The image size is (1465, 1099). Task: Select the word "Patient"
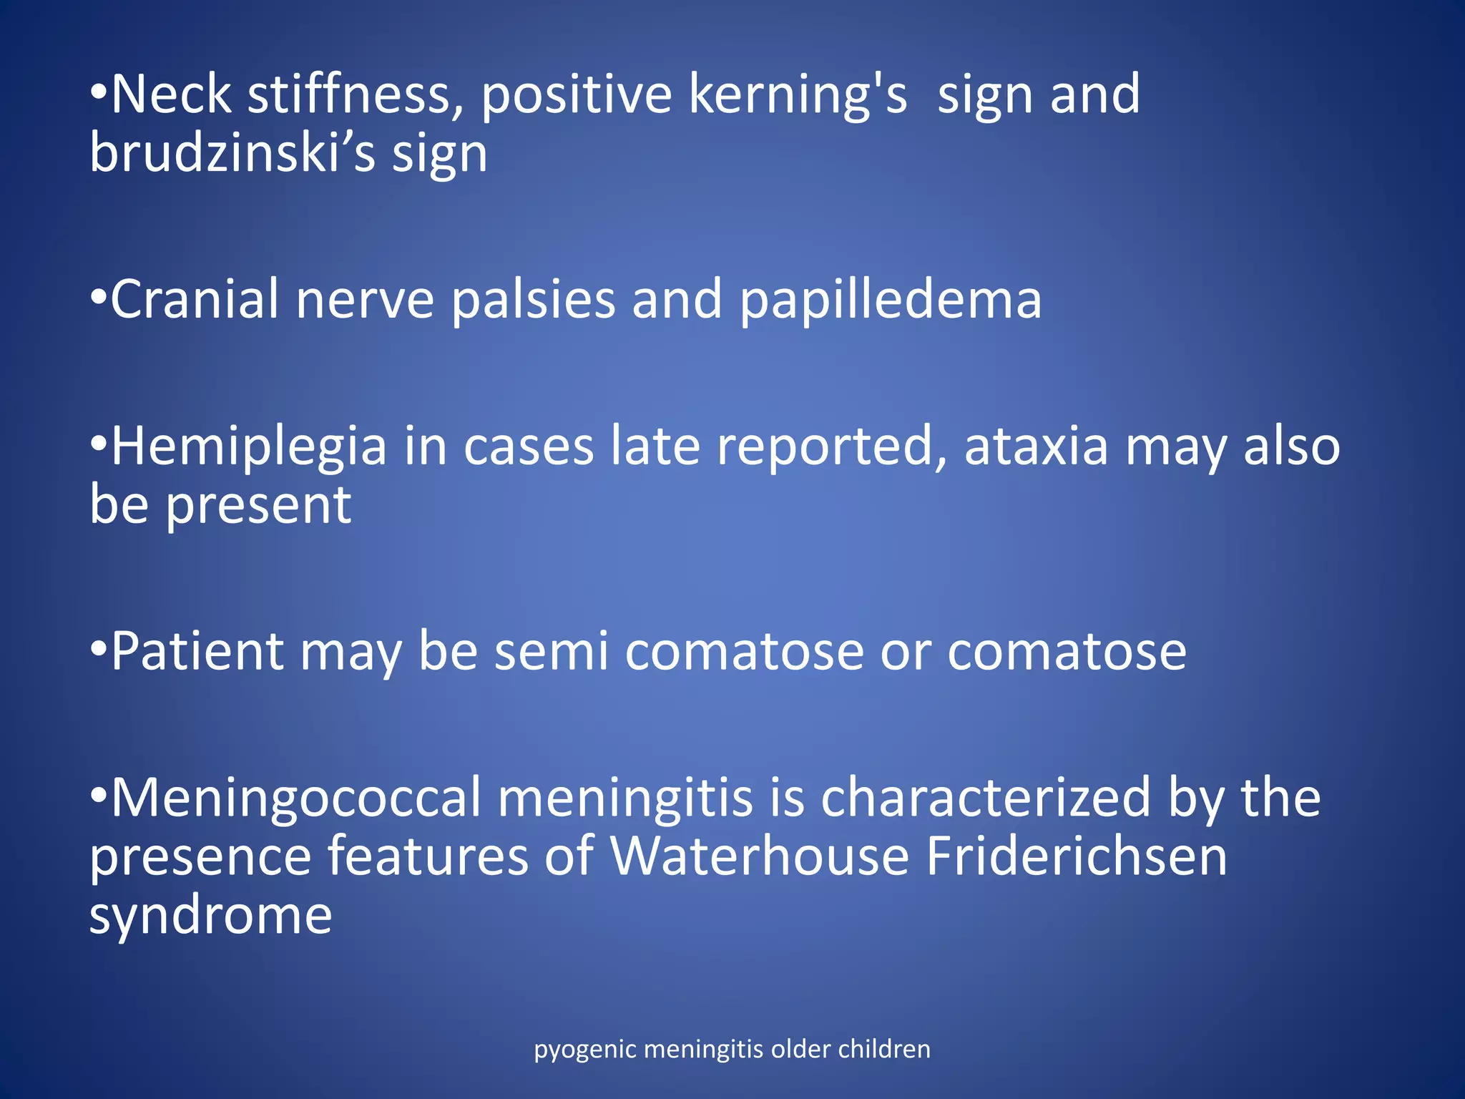click(x=197, y=651)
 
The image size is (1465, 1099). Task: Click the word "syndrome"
click(x=210, y=917)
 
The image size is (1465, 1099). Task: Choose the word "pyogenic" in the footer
click(x=585, y=1050)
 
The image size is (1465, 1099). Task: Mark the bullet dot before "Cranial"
click(x=99, y=296)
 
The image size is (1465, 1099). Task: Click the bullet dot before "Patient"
click(x=99, y=648)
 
